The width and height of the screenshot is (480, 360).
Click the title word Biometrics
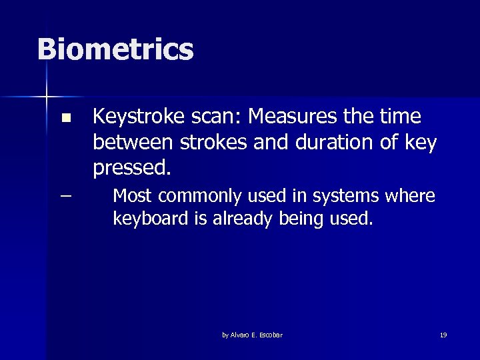tap(115, 49)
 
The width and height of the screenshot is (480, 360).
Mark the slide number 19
tap(443, 335)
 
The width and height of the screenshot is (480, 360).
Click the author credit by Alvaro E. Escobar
tap(252, 335)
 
